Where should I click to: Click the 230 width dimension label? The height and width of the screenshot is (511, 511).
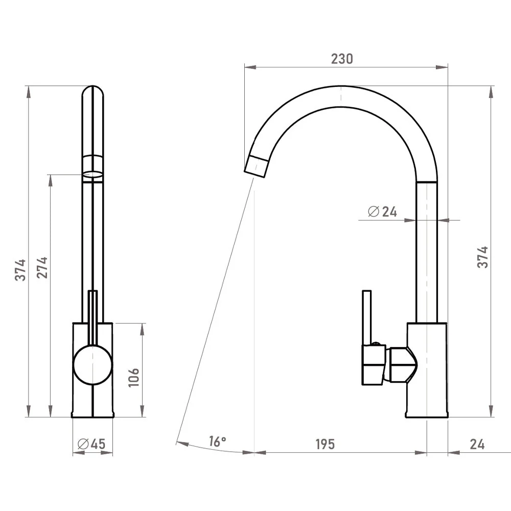click(342, 59)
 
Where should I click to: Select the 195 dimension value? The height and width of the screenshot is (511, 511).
click(325, 444)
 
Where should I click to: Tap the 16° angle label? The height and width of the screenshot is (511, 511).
click(217, 442)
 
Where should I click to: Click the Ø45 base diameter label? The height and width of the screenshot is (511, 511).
click(91, 444)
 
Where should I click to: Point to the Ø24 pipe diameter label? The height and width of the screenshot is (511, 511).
click(382, 212)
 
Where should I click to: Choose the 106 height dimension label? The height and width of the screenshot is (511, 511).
click(133, 378)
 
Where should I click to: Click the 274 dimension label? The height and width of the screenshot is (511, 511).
click(42, 267)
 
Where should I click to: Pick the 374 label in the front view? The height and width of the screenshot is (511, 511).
click(20, 270)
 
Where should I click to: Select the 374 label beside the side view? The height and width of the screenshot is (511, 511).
click(483, 258)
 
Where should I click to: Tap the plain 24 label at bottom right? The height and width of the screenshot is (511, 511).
click(477, 444)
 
